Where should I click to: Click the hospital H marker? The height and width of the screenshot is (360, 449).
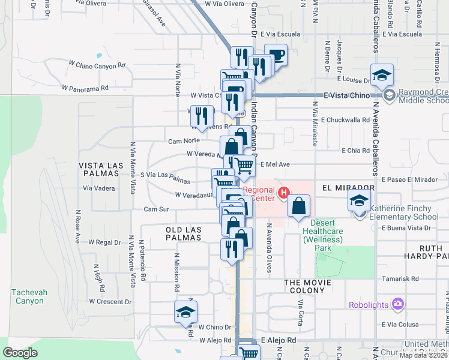284,193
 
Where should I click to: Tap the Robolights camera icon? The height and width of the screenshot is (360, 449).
397,304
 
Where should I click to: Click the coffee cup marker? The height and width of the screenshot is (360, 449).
276,55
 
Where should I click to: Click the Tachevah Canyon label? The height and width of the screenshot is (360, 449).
28,296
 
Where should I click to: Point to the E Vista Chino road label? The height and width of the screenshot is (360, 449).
345,95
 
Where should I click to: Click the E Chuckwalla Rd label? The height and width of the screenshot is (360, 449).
345,120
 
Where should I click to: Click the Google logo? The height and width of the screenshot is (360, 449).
20,353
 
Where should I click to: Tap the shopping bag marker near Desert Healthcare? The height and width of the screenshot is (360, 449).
298,206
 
